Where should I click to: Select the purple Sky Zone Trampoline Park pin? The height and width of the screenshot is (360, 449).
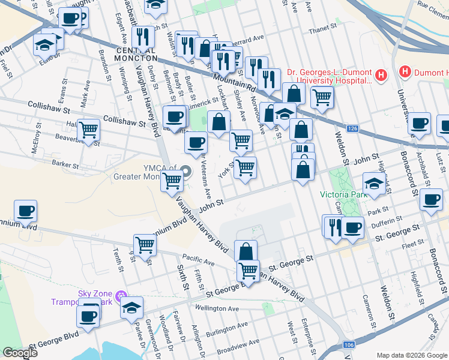121,295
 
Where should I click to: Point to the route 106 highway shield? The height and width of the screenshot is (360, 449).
349,345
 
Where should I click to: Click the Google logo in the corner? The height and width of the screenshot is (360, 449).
20,353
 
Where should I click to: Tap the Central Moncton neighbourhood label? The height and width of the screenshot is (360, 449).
133,54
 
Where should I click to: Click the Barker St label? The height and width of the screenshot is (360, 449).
65,164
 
